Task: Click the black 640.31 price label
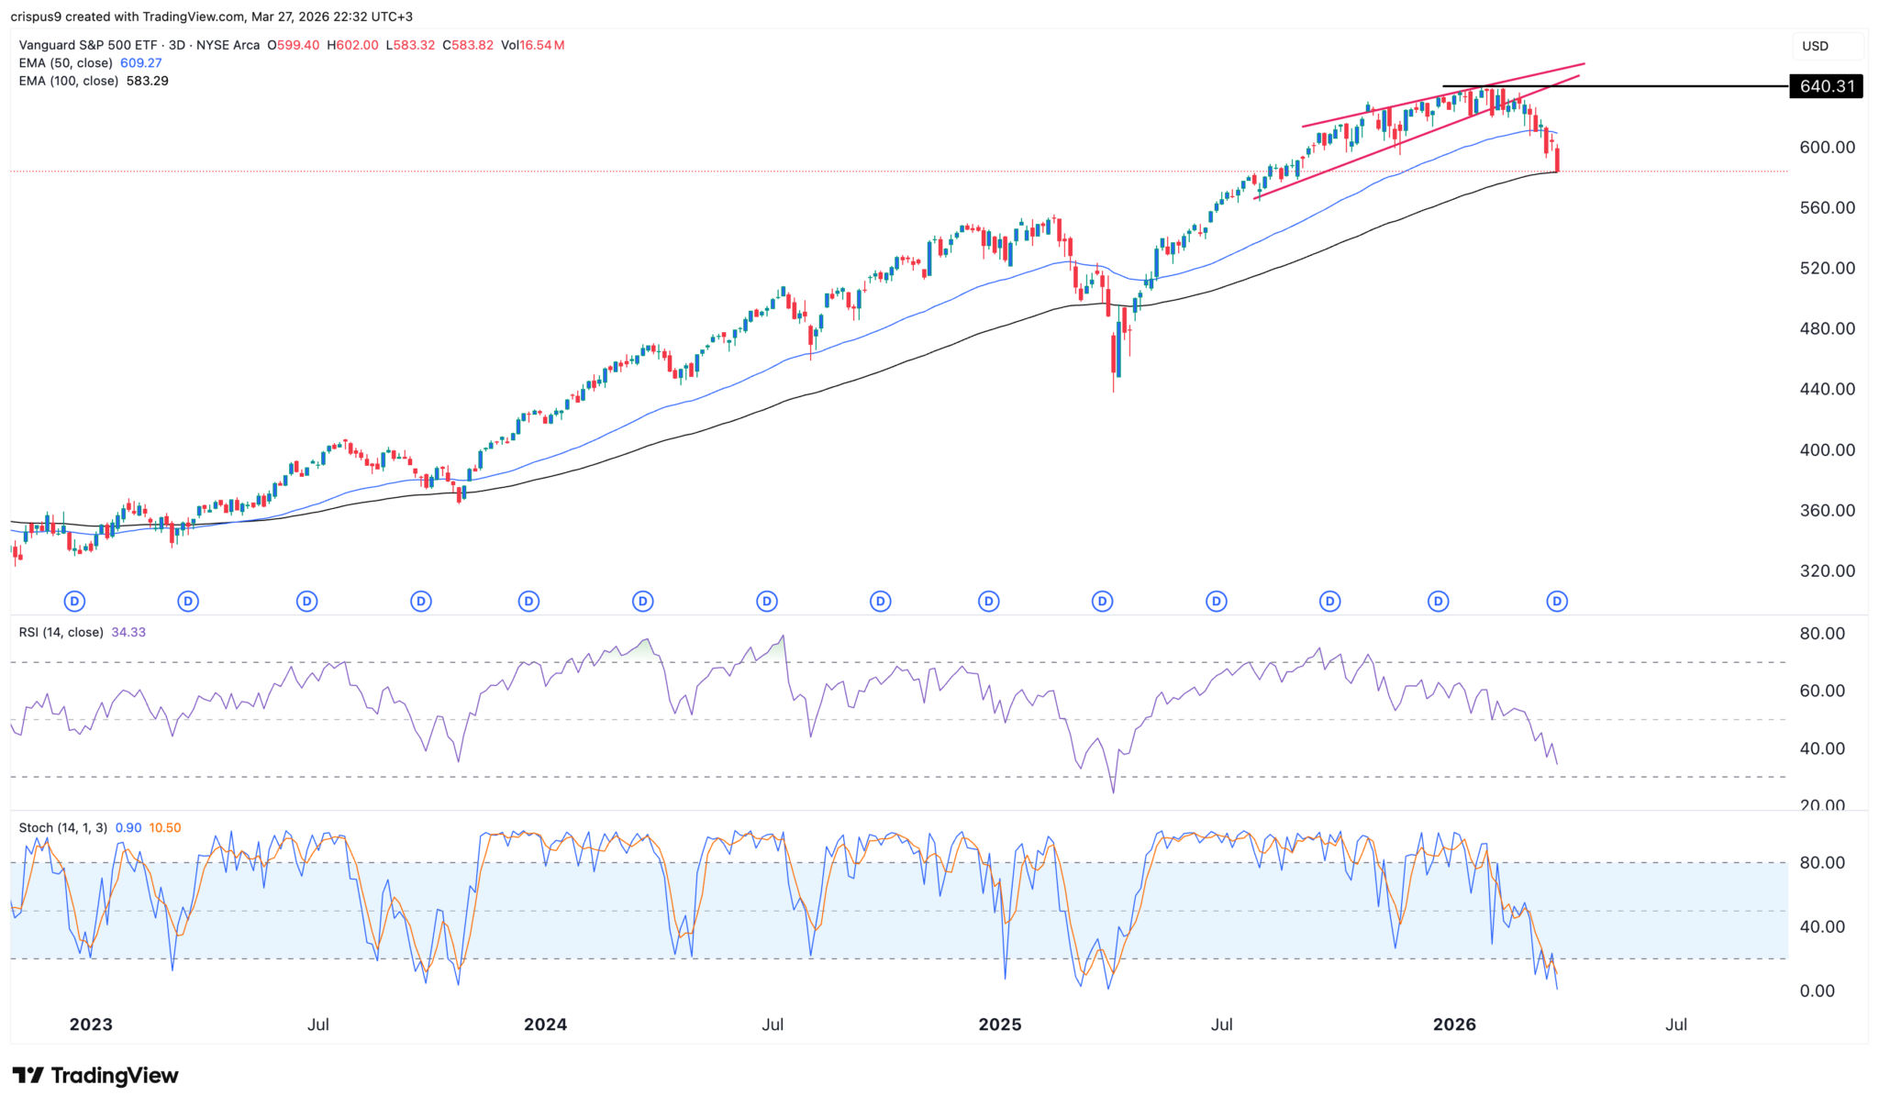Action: [x=1827, y=86]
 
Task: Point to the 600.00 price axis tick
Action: [x=1827, y=147]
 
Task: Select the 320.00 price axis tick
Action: [x=1827, y=570]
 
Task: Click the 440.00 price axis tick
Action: [x=1827, y=389]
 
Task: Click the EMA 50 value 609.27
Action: [x=141, y=63]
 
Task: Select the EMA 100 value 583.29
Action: [x=148, y=81]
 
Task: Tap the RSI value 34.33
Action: [x=128, y=632]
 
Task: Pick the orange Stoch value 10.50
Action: [x=165, y=827]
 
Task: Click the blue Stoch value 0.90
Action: [x=128, y=827]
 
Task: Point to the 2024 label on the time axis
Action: [x=545, y=1024]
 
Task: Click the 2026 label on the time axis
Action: [x=1454, y=1024]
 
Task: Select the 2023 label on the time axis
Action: [x=91, y=1024]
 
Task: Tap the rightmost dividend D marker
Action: [x=1557, y=602]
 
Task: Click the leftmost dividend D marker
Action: [x=75, y=602]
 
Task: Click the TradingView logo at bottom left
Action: [x=95, y=1075]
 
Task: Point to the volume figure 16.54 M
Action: [x=541, y=45]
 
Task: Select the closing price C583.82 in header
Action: [x=468, y=45]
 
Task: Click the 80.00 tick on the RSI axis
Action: [x=1821, y=634]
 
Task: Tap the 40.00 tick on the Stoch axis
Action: [x=1821, y=926]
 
